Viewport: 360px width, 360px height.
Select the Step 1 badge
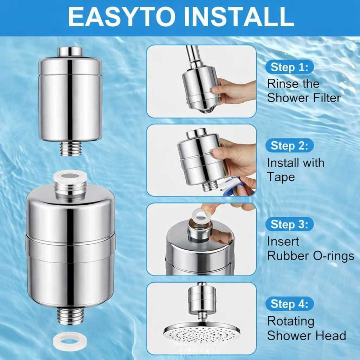290,67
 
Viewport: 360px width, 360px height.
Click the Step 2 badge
290,146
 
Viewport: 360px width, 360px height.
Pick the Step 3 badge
290,224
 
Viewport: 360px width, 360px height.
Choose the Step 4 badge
290,304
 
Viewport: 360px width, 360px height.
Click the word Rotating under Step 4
291,321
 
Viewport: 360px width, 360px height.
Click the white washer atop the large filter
70,176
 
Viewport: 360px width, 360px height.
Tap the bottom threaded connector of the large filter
71,316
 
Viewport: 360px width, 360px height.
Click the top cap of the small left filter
70,51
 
